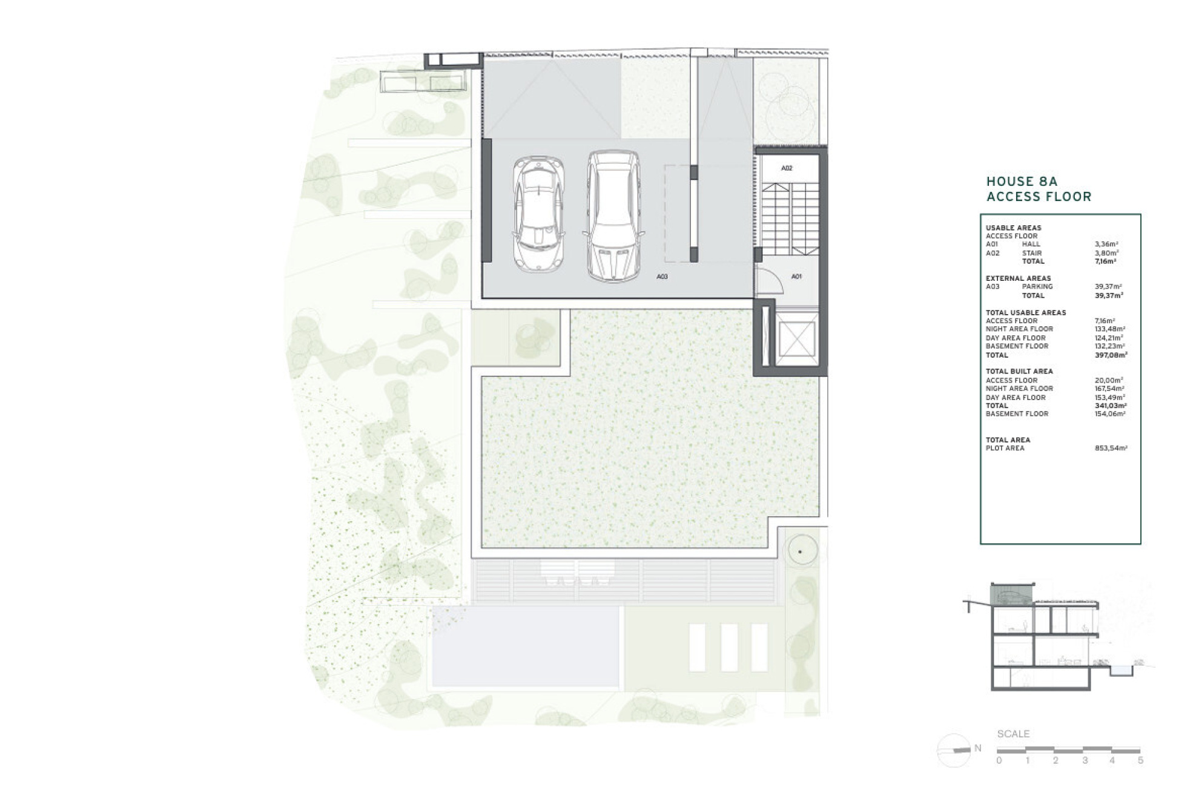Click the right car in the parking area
pyautogui.click(x=613, y=216)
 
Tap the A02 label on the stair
pyautogui.click(x=786, y=168)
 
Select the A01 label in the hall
pyautogui.click(x=796, y=277)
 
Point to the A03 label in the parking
pyautogui.click(x=662, y=277)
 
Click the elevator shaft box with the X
pyautogui.click(x=797, y=340)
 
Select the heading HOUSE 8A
pyautogui.click(x=1022, y=181)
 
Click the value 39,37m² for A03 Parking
pyautogui.click(x=1108, y=287)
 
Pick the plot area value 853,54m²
pyautogui.click(x=1111, y=449)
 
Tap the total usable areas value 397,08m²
pyautogui.click(x=1111, y=355)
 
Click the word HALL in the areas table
pyautogui.click(x=1031, y=245)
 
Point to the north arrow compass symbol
pyautogui.click(x=954, y=750)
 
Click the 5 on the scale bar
pyautogui.click(x=1140, y=761)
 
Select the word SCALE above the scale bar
pyautogui.click(x=1013, y=734)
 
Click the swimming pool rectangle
pyautogui.click(x=525, y=646)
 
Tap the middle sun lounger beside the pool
pyautogui.click(x=729, y=648)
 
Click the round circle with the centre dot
pyautogui.click(x=801, y=551)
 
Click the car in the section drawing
pyautogui.click(x=1010, y=597)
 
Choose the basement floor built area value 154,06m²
pyautogui.click(x=1110, y=414)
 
